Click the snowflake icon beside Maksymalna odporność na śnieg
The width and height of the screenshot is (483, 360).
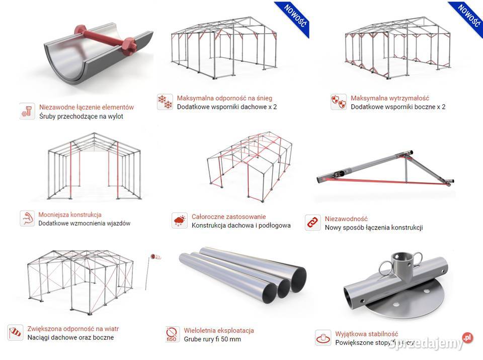165,102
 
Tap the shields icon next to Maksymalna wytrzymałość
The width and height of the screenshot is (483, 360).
339,102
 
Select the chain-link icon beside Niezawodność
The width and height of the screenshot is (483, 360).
313,223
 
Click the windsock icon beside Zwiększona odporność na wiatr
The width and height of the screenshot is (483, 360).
16,333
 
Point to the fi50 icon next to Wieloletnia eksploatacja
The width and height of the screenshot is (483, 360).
172,334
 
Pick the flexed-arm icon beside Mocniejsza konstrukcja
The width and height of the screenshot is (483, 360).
27,219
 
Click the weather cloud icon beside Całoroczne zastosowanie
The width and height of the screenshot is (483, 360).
180,221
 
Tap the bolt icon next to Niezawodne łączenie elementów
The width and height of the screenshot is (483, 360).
27,111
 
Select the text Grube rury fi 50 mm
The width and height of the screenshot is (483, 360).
212,339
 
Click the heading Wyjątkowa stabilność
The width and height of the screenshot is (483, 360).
366,334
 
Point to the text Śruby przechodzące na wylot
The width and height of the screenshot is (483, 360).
81,116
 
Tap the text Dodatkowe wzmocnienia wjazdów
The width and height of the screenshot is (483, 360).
84,223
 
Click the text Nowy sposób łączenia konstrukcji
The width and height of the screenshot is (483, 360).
373,227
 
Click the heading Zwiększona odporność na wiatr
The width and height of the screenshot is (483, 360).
73,329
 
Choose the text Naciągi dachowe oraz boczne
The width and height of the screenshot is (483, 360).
70,337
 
